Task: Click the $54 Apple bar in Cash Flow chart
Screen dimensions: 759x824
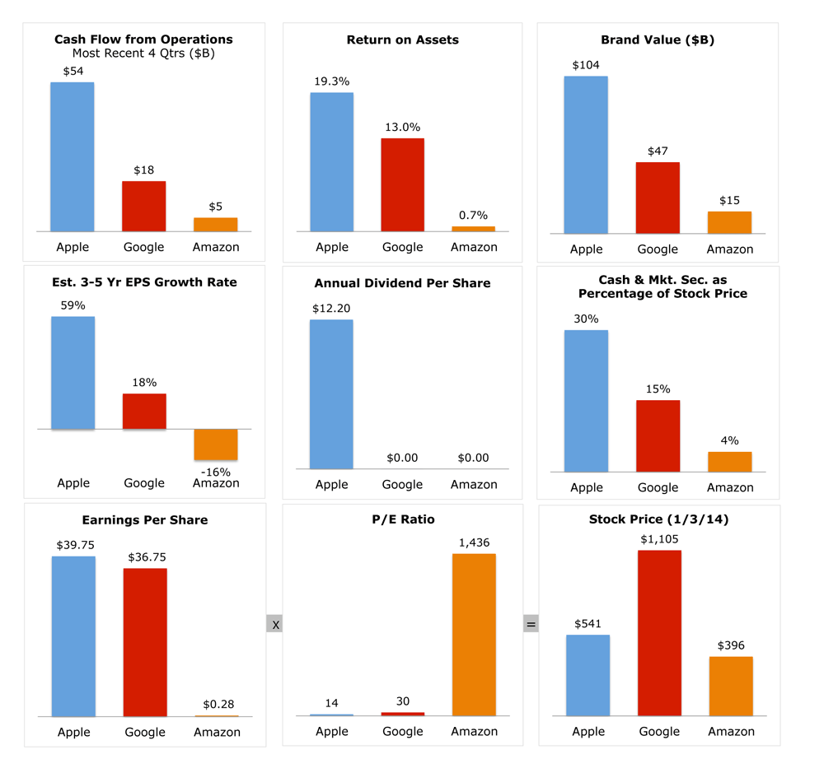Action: click(72, 156)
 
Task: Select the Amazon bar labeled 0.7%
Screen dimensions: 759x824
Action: click(474, 228)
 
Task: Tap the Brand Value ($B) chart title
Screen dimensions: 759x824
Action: click(657, 40)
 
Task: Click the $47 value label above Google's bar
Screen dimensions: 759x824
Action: click(658, 151)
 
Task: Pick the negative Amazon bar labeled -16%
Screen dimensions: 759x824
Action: click(216, 445)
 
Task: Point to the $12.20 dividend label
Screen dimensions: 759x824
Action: click(331, 308)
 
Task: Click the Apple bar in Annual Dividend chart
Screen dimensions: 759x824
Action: click(331, 394)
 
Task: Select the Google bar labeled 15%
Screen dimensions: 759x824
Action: click(658, 435)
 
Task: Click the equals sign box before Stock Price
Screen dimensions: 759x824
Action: click(531, 625)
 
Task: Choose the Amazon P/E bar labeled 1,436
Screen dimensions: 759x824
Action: click(474, 634)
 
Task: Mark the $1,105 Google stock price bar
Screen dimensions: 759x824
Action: click(659, 632)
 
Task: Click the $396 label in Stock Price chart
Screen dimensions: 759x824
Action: click(730, 645)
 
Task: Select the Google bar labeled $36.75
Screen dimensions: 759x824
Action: click(145, 642)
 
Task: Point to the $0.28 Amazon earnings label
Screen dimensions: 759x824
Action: click(216, 705)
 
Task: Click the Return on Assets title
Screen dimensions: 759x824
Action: click(402, 40)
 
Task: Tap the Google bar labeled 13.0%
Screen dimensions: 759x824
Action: click(402, 184)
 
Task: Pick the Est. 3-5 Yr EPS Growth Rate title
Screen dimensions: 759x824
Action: click(145, 282)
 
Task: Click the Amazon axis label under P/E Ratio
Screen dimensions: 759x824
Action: click(474, 731)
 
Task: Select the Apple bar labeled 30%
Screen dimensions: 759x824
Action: click(586, 401)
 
